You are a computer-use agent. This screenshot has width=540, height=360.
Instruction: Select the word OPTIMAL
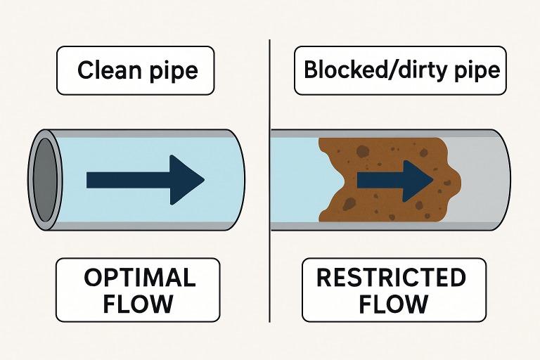click(x=140, y=278)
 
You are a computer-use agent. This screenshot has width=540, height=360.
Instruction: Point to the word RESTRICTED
click(x=391, y=278)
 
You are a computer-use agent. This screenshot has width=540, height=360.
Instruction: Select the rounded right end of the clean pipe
click(x=238, y=180)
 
